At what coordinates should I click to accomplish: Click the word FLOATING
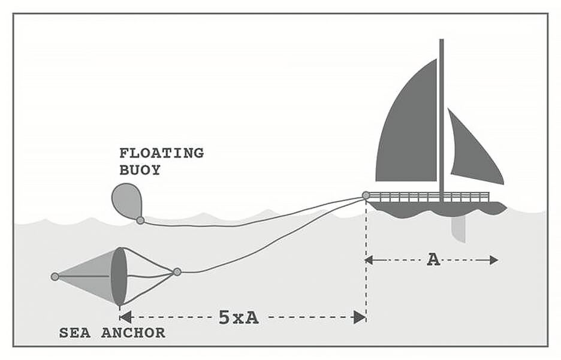(161, 153)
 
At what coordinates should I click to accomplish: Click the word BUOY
(140, 170)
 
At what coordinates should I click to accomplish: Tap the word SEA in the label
(75, 333)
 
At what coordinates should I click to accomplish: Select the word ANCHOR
(133, 333)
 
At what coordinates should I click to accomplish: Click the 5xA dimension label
(239, 317)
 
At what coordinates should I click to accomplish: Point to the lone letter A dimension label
(433, 259)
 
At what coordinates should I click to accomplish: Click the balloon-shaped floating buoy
(126, 200)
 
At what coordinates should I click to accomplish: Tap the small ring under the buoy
(140, 220)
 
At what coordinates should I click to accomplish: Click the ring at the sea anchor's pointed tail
(55, 277)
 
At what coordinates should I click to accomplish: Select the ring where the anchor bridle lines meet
(177, 272)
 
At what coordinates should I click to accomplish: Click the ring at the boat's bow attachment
(366, 195)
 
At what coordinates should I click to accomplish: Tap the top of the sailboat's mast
(442, 41)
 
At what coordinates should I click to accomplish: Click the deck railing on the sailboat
(429, 196)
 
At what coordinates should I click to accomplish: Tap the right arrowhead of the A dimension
(493, 260)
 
